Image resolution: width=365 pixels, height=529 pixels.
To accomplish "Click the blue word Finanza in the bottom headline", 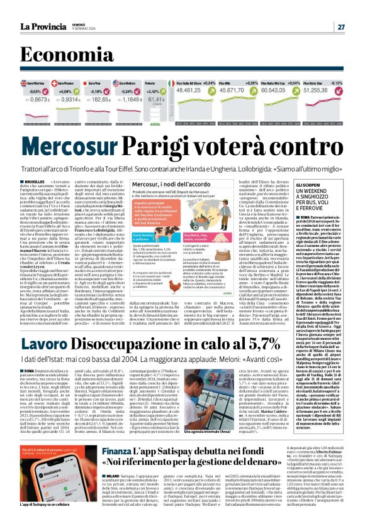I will [116, 451].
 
